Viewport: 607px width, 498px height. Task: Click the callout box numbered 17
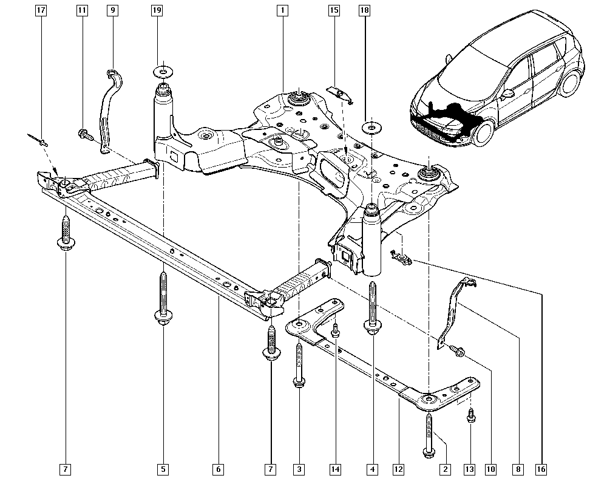41,10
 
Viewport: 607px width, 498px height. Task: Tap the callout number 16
541,469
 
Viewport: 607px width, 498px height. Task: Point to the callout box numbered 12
398,469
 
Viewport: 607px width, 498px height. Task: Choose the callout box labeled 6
219,469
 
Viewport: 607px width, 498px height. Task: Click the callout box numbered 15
334,10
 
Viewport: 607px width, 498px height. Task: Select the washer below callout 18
370,128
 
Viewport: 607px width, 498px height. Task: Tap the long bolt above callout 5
163,298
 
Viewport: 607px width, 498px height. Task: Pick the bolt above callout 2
429,434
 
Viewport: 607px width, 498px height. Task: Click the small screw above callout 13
472,415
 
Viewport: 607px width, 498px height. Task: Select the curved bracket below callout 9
110,109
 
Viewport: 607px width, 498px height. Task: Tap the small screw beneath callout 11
84,134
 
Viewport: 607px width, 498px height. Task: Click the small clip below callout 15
338,92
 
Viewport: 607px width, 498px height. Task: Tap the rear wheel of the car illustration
571,83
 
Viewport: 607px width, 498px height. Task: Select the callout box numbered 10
490,469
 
